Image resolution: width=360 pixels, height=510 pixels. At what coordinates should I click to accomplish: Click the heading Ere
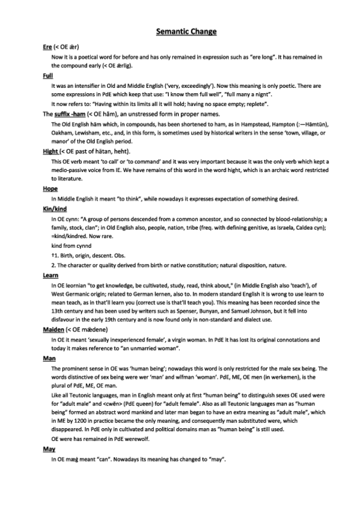[47, 46]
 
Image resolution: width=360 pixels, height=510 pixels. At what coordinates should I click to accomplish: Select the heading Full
[47, 76]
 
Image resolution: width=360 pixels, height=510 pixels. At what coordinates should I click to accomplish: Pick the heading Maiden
[54, 331]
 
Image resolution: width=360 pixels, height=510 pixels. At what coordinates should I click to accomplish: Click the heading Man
[49, 358]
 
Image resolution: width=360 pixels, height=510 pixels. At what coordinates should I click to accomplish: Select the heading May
[49, 449]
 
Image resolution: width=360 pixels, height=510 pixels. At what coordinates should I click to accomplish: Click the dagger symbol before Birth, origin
[53, 255]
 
